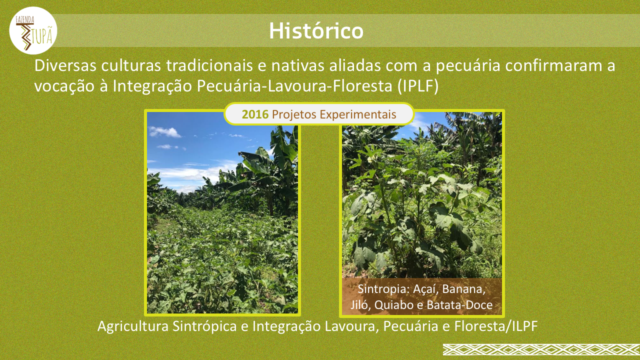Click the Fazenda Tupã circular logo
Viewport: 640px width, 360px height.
point(33,30)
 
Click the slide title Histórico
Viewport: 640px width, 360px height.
point(316,30)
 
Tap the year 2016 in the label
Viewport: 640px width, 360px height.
point(255,114)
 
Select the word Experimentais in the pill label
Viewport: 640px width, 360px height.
point(358,115)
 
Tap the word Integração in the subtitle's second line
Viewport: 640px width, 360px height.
point(151,86)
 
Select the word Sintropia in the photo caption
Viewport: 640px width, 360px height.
point(384,289)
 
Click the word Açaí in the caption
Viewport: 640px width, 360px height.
point(425,289)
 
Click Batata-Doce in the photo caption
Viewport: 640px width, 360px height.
point(459,305)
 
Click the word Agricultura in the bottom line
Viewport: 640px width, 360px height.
point(133,326)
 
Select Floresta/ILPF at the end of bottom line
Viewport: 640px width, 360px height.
point(496,326)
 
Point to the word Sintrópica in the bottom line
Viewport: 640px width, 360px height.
point(204,326)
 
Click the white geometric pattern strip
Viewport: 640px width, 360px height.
point(541,349)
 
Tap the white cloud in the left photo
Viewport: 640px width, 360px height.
point(164,131)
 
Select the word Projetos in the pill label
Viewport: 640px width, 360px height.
point(294,115)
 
